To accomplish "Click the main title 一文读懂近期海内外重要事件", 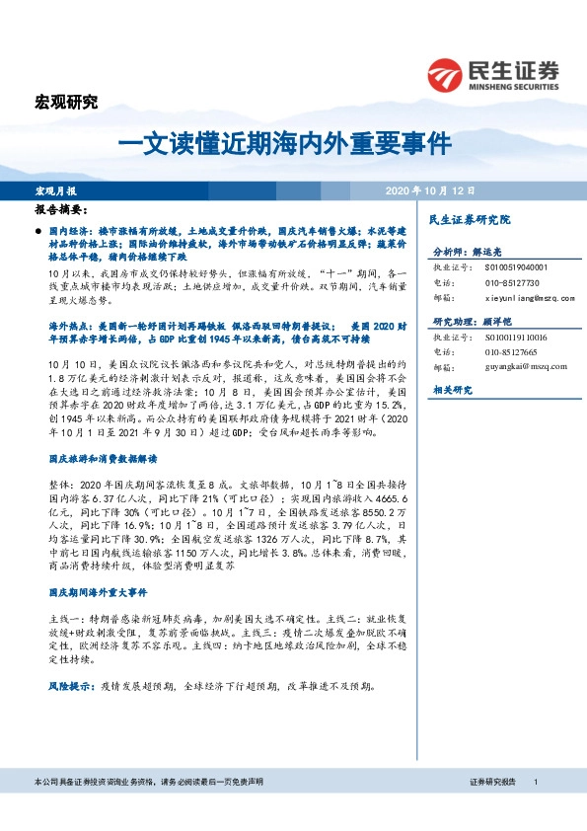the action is pyautogui.click(x=285, y=142).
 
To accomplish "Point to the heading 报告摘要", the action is pyautogui.click(x=60, y=211).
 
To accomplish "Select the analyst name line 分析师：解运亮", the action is pyautogui.click(x=470, y=252).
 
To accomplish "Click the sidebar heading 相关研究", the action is pyautogui.click(x=451, y=391).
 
